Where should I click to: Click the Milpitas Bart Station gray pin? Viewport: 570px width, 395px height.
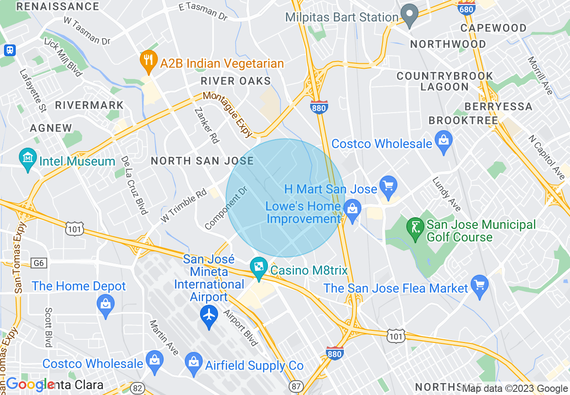(x=410, y=15)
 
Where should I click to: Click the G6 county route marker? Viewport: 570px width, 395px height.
(x=38, y=263)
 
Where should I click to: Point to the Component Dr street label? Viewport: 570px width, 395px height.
(x=226, y=208)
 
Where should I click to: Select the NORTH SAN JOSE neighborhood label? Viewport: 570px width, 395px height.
(x=202, y=161)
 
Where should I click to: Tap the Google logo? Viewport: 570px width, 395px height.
(x=30, y=384)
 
